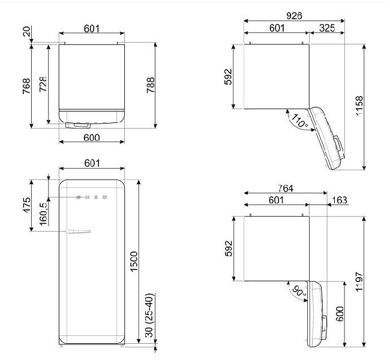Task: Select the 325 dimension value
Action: (327, 28)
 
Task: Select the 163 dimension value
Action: (339, 200)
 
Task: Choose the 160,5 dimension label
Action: (44, 214)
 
